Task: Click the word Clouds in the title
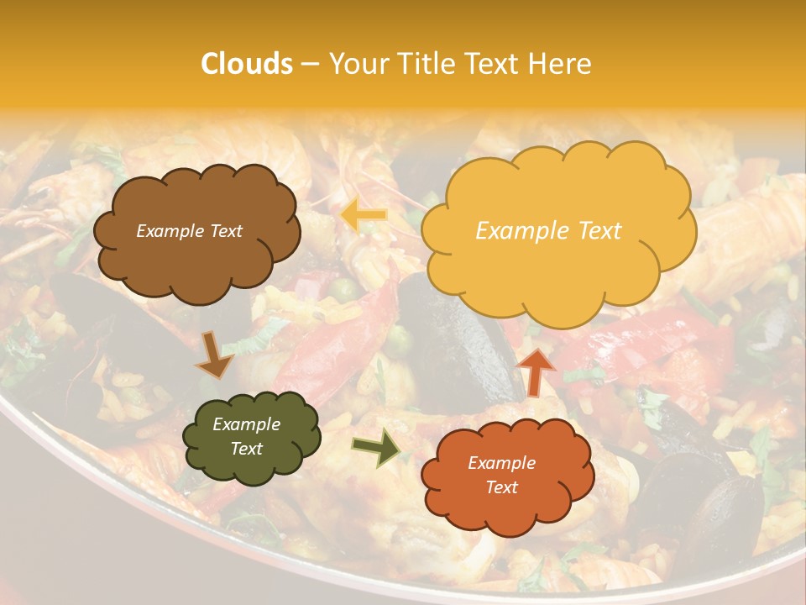click(x=247, y=64)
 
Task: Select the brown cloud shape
click(x=196, y=231)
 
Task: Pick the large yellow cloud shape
click(x=558, y=230)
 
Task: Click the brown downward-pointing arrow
click(x=214, y=355)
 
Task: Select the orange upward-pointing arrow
click(x=536, y=371)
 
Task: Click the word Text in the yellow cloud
click(x=596, y=231)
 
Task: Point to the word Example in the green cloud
click(x=246, y=424)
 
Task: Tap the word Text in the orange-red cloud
click(x=501, y=487)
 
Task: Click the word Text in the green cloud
click(x=246, y=450)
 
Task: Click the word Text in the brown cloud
click(x=225, y=231)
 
